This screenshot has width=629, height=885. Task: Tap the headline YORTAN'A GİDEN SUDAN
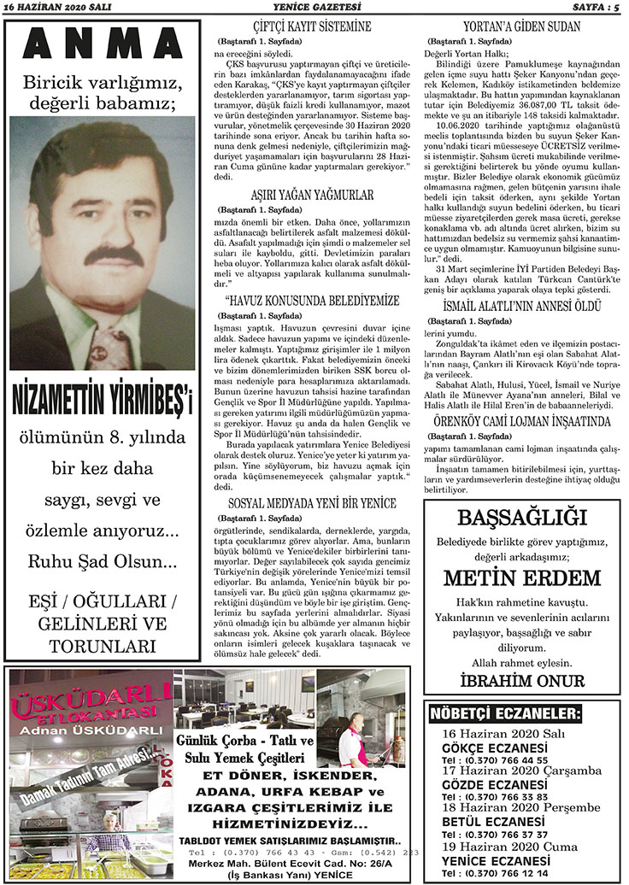click(x=522, y=26)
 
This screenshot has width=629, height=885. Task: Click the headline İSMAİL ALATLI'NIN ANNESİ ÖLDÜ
click(x=522, y=305)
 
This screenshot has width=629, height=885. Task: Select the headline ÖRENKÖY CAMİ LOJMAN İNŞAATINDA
click(x=522, y=422)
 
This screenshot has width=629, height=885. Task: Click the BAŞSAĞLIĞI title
click(x=521, y=518)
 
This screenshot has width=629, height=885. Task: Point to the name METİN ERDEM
click(x=521, y=578)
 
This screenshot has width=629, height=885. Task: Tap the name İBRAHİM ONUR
click(x=521, y=681)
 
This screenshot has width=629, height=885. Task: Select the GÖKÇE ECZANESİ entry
click(x=495, y=747)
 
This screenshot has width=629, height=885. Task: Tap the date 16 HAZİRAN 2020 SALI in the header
click(x=50, y=8)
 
